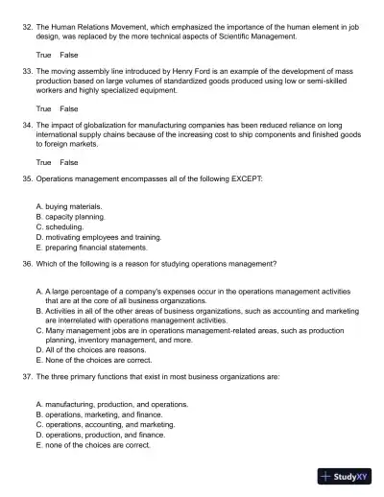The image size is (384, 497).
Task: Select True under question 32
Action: pos(43,56)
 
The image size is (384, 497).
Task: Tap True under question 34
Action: pos(43,162)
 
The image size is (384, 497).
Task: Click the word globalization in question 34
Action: pos(106,126)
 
